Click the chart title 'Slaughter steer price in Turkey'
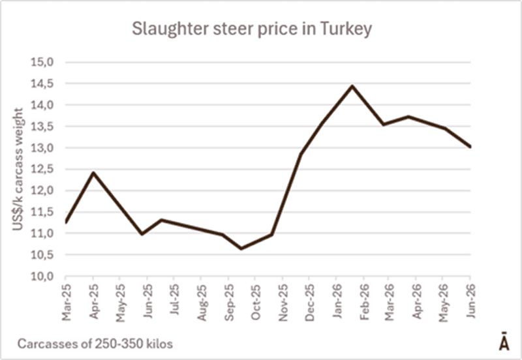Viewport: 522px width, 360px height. tap(252, 29)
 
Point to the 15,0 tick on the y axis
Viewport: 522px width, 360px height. tap(42, 62)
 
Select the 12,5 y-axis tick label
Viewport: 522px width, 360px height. tap(42, 170)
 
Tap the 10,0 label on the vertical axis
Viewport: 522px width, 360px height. tap(42, 277)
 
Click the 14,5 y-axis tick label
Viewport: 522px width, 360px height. tap(42, 83)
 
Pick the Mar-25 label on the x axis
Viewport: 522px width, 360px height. tap(67, 302)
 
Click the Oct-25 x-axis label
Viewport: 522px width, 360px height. tap(255, 302)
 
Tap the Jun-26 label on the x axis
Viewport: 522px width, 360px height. tap(470, 301)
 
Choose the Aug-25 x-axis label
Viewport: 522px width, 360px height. tap(202, 303)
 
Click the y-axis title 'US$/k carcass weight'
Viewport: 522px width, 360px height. tap(18, 169)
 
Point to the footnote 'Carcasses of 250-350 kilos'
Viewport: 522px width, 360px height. tap(95, 343)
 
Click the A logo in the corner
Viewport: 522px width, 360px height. tap(504, 341)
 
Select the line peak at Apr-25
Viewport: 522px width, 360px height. tap(93, 173)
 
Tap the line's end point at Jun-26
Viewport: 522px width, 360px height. tap(470, 146)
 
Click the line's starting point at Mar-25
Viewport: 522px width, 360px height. tap(66, 222)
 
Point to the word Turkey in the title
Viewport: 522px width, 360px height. tap(346, 29)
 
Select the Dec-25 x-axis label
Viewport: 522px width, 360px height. tap(309, 303)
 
